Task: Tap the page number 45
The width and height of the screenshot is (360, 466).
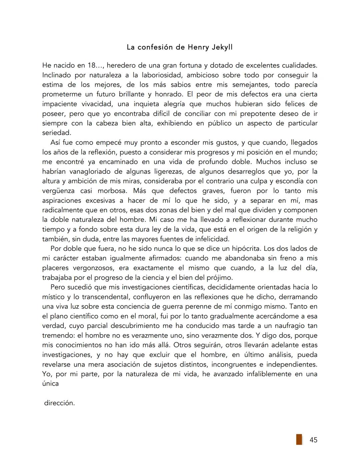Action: point(313,440)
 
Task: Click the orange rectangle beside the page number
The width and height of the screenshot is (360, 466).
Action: point(299,439)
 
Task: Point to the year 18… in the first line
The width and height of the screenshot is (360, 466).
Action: point(94,65)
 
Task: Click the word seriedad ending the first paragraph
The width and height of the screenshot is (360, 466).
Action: point(56,133)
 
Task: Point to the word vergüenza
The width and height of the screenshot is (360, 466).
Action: point(59,191)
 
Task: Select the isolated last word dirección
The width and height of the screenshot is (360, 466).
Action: point(59,403)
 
